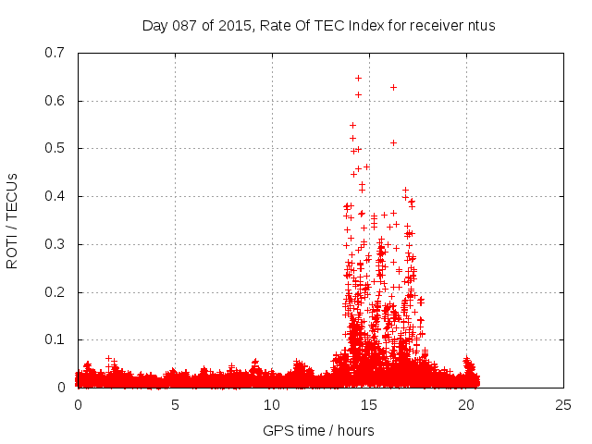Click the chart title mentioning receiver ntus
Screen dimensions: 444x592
pos(319,25)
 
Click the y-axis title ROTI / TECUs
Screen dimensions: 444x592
pos(13,220)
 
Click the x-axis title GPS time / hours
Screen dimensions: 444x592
pos(319,430)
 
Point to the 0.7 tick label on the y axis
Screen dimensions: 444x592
pos(57,53)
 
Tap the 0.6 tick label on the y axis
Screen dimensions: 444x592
pos(57,101)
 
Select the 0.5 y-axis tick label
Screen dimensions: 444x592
pos(57,148)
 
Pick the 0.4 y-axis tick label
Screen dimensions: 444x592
pos(57,196)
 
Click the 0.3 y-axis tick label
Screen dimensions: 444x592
pos(57,244)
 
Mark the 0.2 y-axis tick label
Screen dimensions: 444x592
pos(57,292)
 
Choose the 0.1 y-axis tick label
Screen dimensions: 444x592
pos(57,340)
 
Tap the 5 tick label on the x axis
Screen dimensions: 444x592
pos(175,405)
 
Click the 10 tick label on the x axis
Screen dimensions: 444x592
pos(272,405)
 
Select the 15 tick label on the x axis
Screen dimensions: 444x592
pos(369,405)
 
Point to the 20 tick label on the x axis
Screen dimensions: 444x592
pos(466,405)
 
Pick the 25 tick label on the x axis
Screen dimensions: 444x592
pos(563,405)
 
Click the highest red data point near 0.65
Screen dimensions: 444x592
pos(358,78)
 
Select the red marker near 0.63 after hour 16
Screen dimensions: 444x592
pos(393,87)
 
